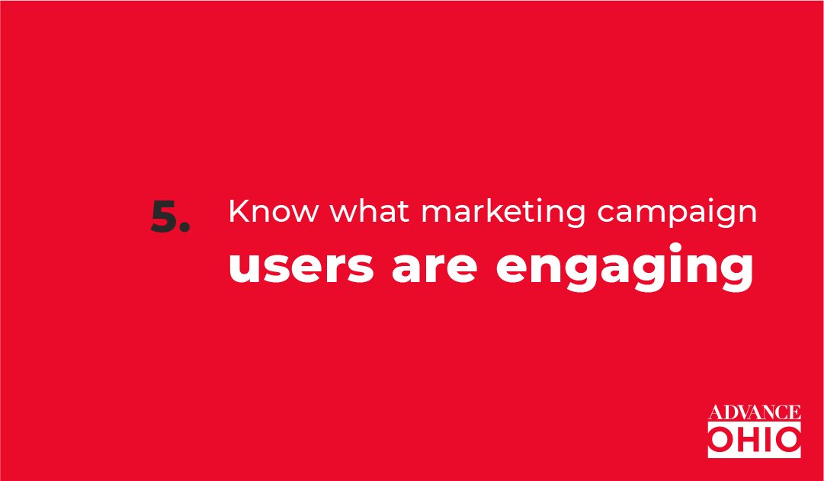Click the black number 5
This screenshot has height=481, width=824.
point(164,216)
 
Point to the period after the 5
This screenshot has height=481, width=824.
point(184,227)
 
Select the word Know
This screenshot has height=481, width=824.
point(273,211)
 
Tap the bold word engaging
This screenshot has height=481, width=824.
point(624,267)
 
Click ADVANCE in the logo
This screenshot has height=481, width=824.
point(754,412)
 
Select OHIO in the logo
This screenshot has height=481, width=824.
point(754,439)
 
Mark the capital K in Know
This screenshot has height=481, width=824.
point(238,211)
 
